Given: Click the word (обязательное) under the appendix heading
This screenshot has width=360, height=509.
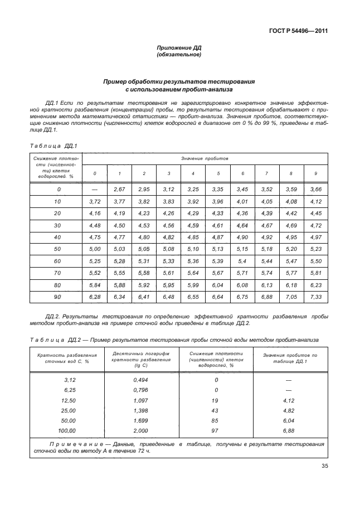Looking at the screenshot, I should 179,55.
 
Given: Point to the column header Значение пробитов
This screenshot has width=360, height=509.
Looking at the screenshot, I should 205,159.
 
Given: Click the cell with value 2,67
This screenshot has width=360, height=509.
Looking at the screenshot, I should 120,190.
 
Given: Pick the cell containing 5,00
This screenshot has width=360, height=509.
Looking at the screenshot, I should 95,248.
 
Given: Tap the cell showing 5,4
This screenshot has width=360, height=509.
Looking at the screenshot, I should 242,262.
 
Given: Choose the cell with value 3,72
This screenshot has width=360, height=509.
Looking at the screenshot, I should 95,201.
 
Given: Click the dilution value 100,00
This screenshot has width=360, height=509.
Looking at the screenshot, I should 66,431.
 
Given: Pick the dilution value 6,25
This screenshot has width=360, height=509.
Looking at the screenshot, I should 69,390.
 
